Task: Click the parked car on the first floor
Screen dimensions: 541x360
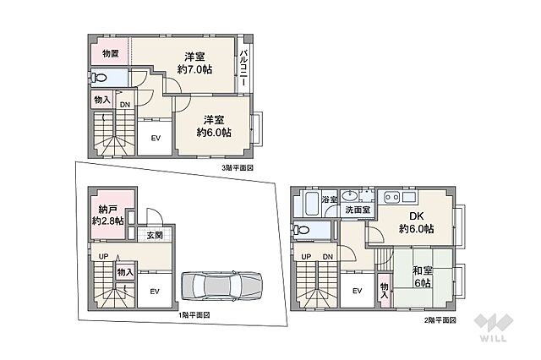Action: (x=221, y=286)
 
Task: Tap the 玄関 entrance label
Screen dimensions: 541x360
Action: (x=155, y=236)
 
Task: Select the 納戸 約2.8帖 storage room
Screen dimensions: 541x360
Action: (x=108, y=215)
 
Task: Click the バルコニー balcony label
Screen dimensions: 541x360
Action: (x=244, y=68)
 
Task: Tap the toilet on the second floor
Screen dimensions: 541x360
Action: (x=300, y=230)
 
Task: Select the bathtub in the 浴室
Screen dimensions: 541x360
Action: (x=312, y=204)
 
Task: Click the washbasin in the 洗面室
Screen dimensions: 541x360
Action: (x=350, y=196)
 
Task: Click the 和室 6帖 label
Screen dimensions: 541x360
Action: (x=423, y=276)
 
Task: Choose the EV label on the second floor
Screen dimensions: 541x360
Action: (x=357, y=291)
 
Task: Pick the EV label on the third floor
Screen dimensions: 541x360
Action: (x=156, y=139)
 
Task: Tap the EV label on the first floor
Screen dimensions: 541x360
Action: (x=155, y=292)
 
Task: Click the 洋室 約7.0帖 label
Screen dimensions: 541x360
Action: (x=195, y=63)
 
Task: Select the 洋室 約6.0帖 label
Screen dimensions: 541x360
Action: (x=214, y=126)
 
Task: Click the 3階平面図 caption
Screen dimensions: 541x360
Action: (x=238, y=168)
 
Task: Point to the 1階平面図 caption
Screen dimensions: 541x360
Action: (x=194, y=315)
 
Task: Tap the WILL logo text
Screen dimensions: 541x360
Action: (x=493, y=337)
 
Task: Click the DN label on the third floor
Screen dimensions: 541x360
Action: (x=125, y=105)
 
